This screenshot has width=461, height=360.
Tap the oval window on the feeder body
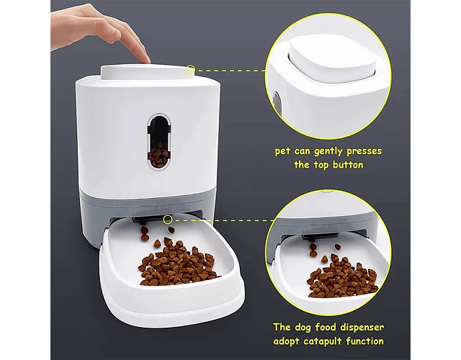(x=159, y=142)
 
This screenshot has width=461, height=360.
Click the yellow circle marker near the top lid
(x=191, y=70)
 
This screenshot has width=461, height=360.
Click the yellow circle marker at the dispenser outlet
(x=168, y=219)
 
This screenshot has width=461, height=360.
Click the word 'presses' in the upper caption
(x=364, y=151)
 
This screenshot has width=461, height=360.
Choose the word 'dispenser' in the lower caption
(x=362, y=328)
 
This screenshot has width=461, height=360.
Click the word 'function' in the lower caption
(x=364, y=341)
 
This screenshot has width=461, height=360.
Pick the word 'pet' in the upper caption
(x=282, y=152)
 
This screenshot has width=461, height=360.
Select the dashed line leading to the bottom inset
(x=223, y=220)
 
